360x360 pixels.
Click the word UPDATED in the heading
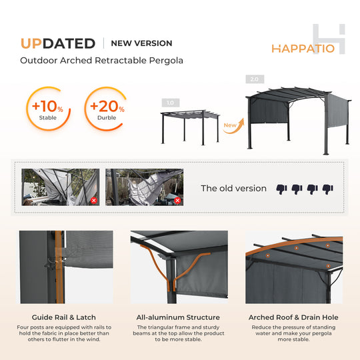[57, 43]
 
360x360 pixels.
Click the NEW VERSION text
[141, 43]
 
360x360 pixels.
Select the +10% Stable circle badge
[48, 108]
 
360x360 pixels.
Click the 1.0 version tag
[170, 103]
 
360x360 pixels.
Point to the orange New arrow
[231, 125]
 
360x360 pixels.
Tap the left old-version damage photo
[61, 187]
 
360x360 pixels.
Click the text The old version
[233, 189]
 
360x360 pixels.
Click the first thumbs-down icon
[281, 189]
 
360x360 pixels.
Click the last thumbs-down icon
[327, 189]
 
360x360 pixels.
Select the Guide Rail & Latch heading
[63, 317]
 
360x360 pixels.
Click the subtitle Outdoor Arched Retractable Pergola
[101, 61]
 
